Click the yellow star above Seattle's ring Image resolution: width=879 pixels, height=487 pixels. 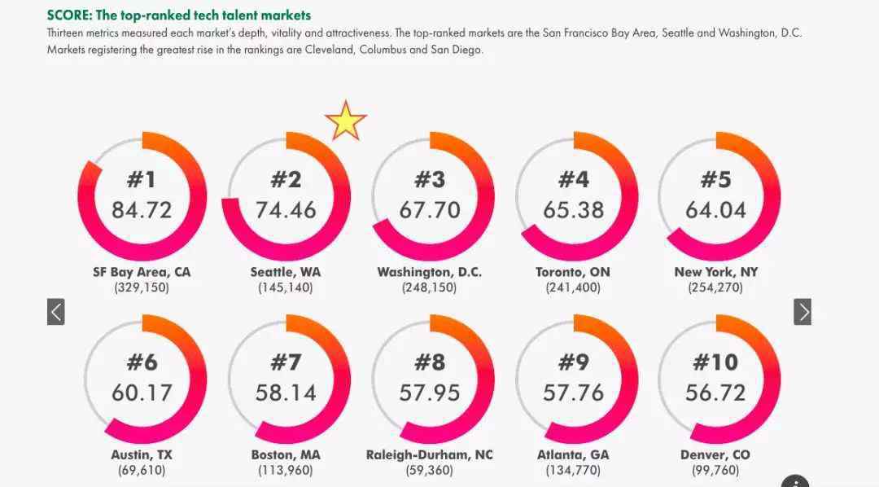[346, 121]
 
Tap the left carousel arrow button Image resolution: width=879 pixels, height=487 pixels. [55, 311]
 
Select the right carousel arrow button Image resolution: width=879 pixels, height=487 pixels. [802, 311]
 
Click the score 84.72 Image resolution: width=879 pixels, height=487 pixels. [142, 210]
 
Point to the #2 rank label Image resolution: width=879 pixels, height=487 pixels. [286, 179]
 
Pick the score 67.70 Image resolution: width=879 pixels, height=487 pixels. [430, 210]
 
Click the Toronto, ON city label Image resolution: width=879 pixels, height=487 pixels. [573, 272]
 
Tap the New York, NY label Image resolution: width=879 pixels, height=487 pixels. [715, 272]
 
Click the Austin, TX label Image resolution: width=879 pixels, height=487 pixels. [142, 454]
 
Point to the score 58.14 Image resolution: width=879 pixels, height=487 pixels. [286, 393]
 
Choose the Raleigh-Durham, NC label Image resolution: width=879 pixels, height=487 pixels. [430, 454]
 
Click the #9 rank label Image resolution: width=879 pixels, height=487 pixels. [573, 362]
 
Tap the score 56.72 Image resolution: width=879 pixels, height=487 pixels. [715, 393]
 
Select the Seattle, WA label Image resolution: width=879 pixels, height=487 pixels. [286, 272]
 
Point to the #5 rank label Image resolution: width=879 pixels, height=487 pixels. [715, 179]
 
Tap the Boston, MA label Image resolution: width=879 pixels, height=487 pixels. [286, 454]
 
